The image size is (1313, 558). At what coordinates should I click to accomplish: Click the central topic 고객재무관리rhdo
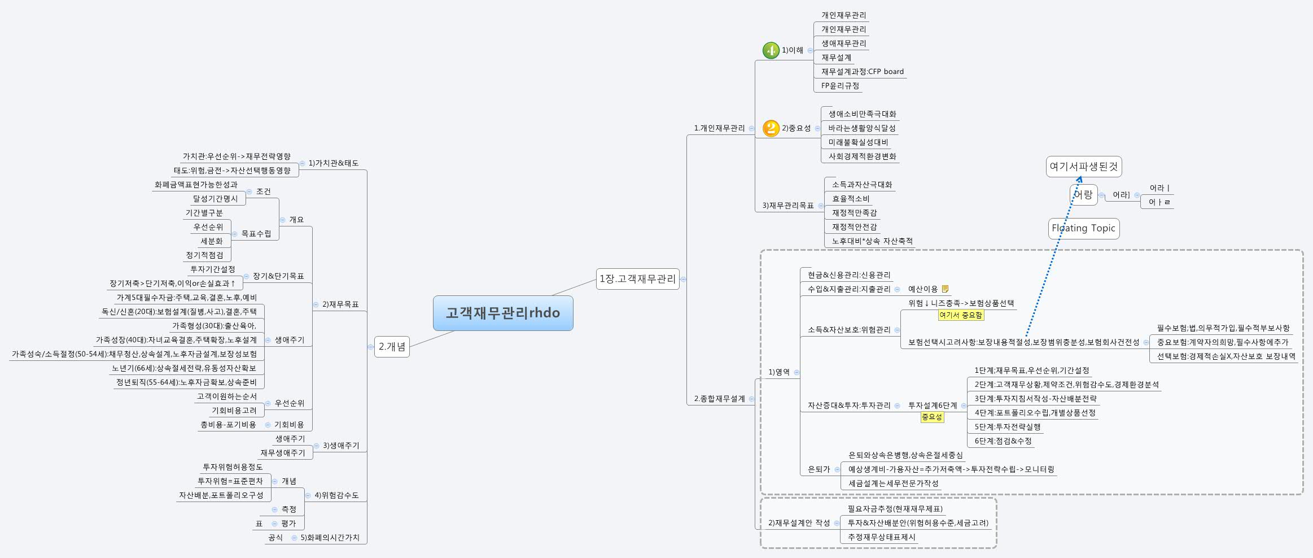[503, 313]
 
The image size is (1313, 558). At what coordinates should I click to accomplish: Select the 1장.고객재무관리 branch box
[637, 279]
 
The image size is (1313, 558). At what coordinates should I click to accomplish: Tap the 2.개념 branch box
[392, 347]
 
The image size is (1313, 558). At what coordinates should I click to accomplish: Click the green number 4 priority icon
[771, 50]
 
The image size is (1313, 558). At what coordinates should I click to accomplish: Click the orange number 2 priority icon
[771, 128]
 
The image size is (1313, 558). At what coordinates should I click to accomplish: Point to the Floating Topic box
[1083, 228]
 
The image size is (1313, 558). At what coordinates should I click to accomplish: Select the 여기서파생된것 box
[1083, 167]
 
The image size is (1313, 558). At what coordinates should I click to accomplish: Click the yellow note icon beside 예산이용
[945, 289]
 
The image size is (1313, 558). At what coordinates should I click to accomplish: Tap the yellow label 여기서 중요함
[961, 315]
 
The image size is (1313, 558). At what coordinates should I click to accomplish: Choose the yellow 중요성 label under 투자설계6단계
[932, 417]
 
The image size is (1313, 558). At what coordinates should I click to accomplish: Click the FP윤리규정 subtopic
[840, 86]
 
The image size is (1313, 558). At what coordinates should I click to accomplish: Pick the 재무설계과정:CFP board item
[862, 72]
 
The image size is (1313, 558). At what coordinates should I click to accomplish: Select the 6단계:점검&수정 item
[1003, 441]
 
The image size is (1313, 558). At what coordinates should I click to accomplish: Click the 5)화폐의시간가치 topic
[330, 538]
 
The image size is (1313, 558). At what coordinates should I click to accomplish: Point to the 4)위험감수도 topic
[336, 495]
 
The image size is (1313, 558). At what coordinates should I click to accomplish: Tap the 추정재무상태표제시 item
[881, 537]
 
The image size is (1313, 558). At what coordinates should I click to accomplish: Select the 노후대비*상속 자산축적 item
[872, 241]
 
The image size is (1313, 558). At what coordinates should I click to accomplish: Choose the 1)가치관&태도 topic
[333, 163]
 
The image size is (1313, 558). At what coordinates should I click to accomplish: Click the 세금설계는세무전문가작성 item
[893, 483]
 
